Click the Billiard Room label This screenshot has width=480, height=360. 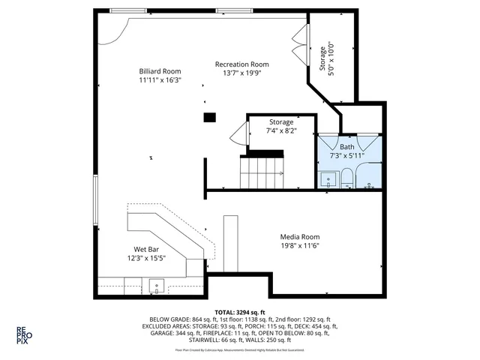click(x=160, y=71)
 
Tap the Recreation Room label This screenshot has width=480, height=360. click(x=241, y=64)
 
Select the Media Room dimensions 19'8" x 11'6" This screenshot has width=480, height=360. click(x=300, y=245)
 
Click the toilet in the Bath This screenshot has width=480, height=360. click(x=347, y=178)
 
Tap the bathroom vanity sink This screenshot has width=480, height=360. click(x=327, y=179)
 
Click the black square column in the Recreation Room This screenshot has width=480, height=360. click(x=209, y=116)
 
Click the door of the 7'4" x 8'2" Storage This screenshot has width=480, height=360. click(x=238, y=135)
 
